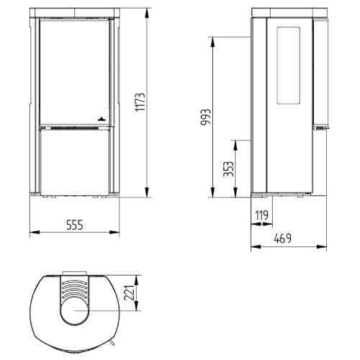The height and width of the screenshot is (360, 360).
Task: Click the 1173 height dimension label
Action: coord(140,102)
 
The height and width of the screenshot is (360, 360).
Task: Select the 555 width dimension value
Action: coord(74,225)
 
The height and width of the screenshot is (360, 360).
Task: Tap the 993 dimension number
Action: coord(206,117)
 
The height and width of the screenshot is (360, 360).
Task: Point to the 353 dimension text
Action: coord(228,169)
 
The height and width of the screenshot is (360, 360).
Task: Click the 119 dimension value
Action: coord(261,215)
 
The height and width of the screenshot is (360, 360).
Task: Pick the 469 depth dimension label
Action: coord(283,238)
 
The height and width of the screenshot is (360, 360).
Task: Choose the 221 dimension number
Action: coord(130,293)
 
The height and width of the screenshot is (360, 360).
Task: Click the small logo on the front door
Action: coord(102,119)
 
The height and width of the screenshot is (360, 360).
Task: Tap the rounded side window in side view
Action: coord(289,66)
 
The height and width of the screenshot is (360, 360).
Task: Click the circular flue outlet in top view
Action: coord(74,311)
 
